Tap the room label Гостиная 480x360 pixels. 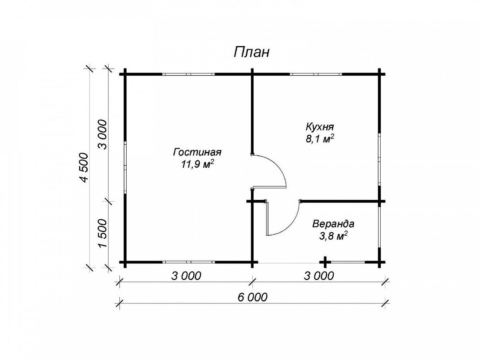tap(197, 152)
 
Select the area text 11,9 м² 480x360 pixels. tap(197, 164)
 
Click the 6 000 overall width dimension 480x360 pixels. tap(252, 297)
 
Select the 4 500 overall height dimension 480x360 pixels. tap(84, 167)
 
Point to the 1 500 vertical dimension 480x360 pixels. tap(103, 233)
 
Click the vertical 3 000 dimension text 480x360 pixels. tap(103, 134)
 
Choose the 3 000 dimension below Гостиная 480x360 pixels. tap(186, 276)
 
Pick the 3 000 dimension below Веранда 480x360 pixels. tap(319, 276)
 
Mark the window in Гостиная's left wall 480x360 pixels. tap(125, 167)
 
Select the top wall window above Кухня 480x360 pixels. tap(316, 74)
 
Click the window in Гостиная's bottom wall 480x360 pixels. tap(189, 262)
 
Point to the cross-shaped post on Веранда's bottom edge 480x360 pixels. tap(325, 262)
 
